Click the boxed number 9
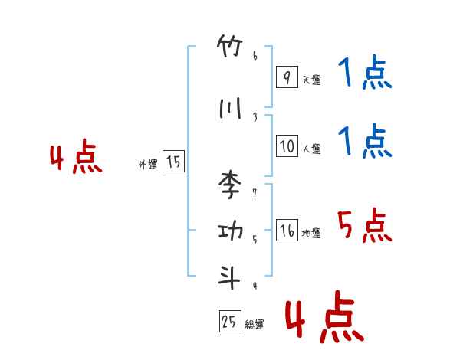coord(286,77)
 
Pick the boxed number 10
coord(287,146)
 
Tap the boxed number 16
coord(287,231)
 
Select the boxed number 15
coord(173,162)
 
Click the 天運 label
coord(311,80)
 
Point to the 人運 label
coord(311,149)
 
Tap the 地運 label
coord(311,234)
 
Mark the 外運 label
coord(148,164)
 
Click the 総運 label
coord(255,325)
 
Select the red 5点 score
coord(364,225)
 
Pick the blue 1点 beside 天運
coord(364,75)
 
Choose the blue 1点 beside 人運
coord(364,142)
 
